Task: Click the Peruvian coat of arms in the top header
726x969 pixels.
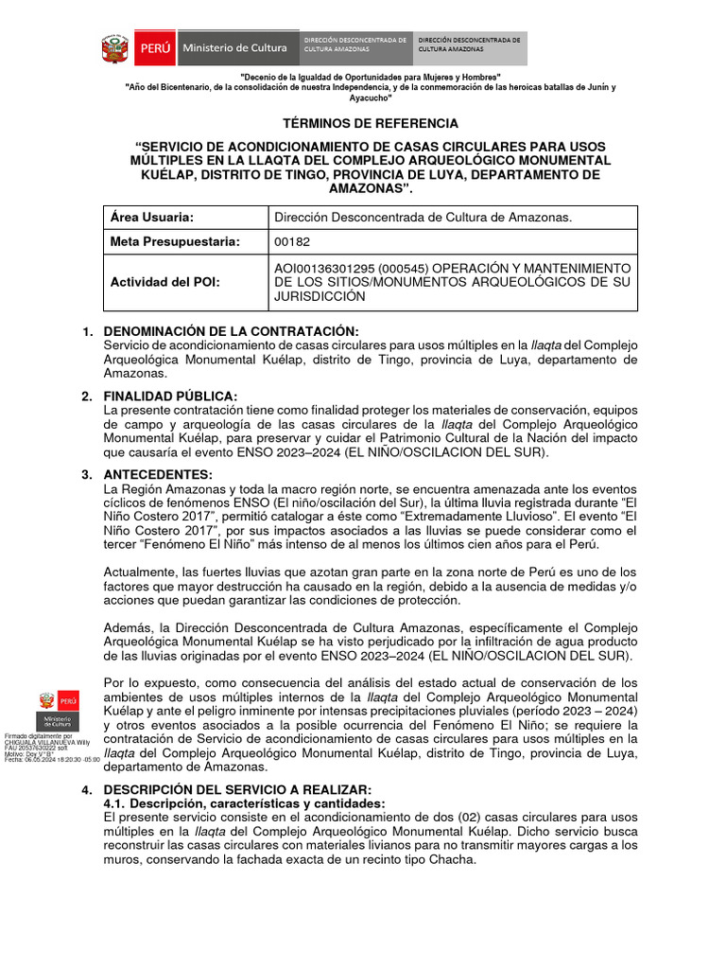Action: pyautogui.click(x=116, y=47)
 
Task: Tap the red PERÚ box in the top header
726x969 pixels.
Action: pyautogui.click(x=153, y=47)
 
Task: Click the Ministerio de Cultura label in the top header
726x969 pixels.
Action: pyautogui.click(x=227, y=47)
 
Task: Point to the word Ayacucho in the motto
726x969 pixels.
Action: pyautogui.click(x=371, y=97)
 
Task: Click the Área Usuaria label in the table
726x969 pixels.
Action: pyautogui.click(x=153, y=218)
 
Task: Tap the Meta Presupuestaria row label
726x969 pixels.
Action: pyautogui.click(x=176, y=242)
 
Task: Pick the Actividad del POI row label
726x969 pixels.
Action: pyautogui.click(x=165, y=282)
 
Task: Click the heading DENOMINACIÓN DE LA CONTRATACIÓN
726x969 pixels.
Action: pyautogui.click(x=231, y=331)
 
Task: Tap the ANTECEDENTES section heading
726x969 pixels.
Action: pyautogui.click(x=158, y=474)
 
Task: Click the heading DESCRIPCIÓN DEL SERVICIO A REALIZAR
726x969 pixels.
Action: pyautogui.click(x=237, y=790)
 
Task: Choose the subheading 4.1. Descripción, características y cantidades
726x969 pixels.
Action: pyautogui.click(x=245, y=803)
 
